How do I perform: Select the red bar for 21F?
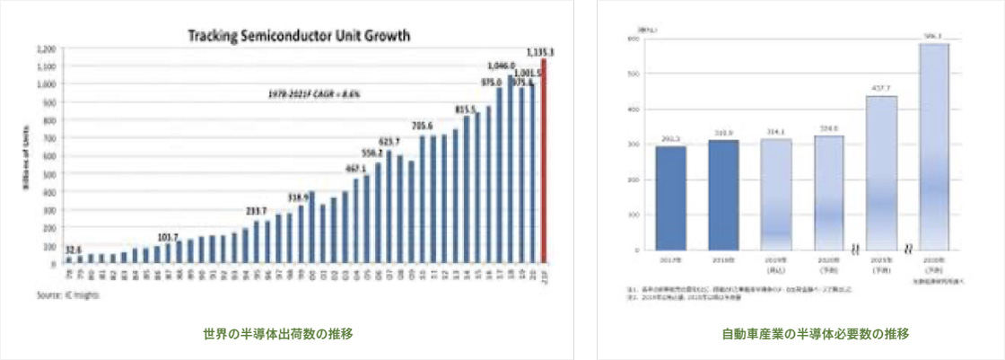click(x=544, y=162)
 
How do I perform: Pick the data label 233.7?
click(x=258, y=210)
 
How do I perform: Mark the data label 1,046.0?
click(x=501, y=66)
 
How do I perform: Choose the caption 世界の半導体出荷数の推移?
click(x=277, y=334)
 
